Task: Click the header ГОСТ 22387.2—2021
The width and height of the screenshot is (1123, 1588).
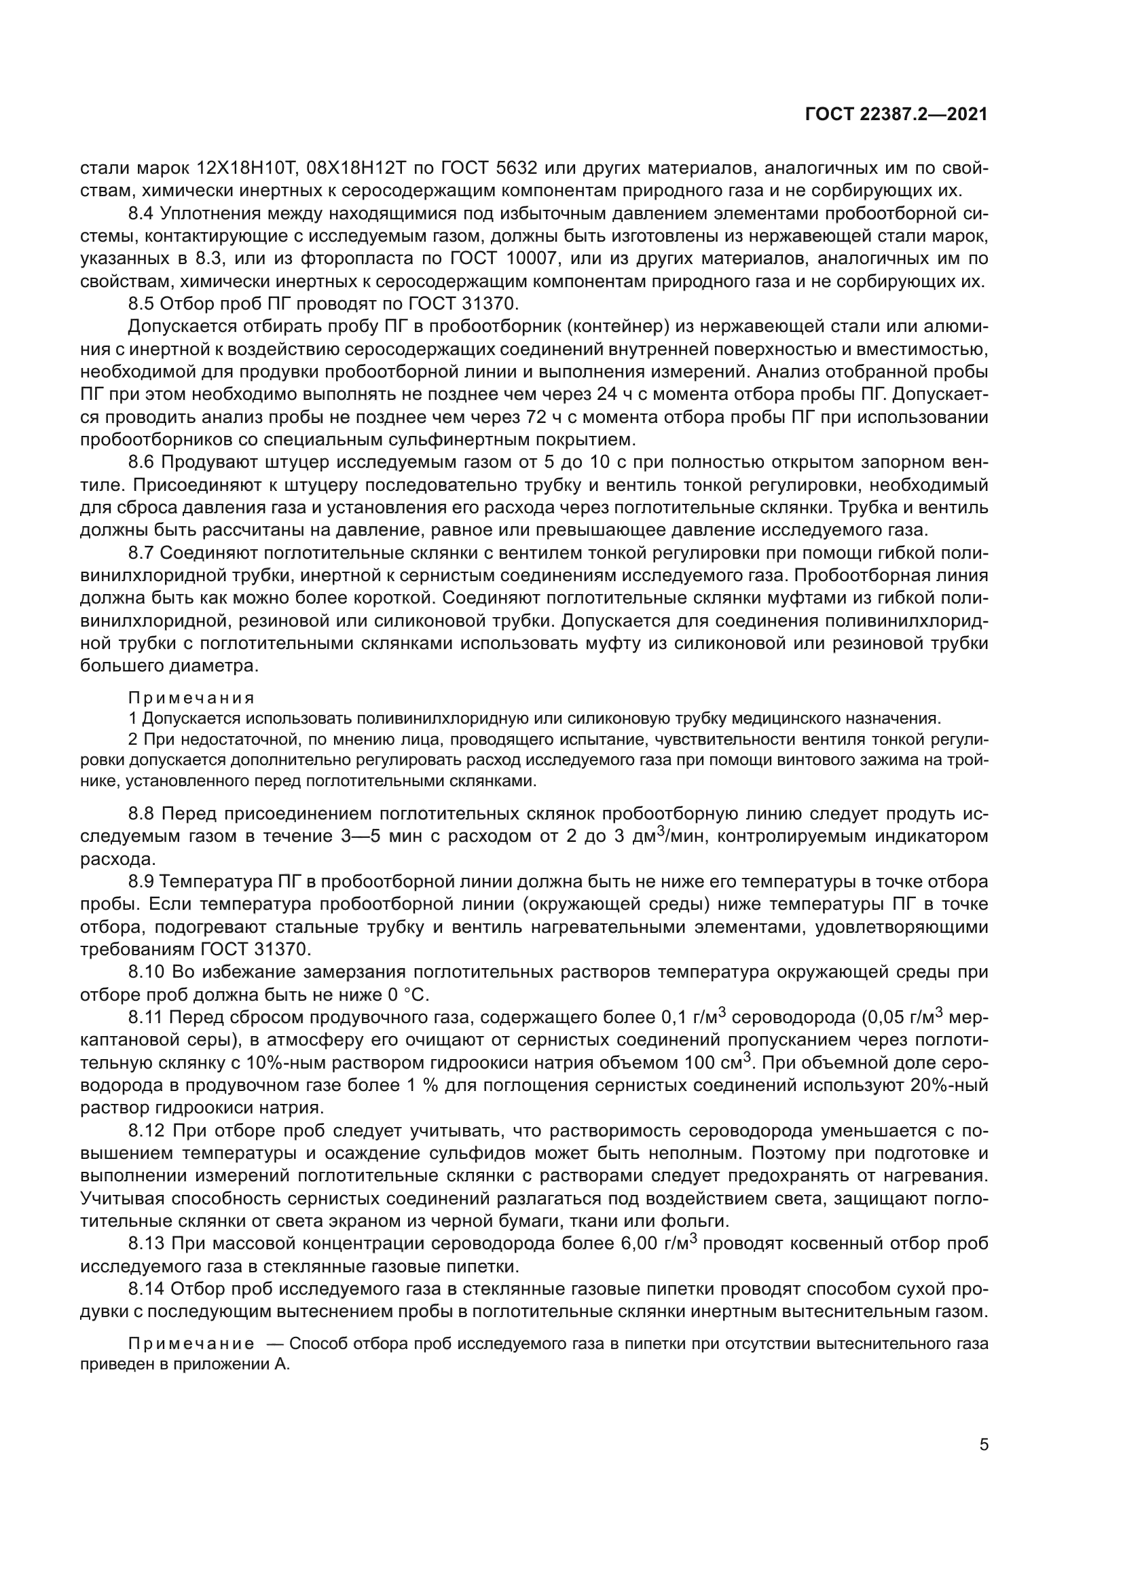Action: pyautogui.click(x=896, y=115)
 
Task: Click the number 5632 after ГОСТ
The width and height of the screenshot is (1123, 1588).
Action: pyautogui.click(x=521, y=168)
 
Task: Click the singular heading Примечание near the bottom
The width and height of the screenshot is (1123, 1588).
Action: pyautogui.click(x=191, y=1344)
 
